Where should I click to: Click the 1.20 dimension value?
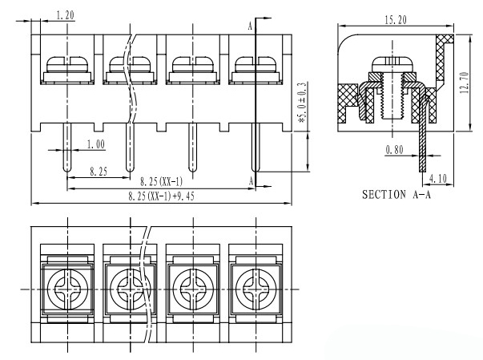pos(66,14)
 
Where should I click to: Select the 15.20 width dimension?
pos(396,20)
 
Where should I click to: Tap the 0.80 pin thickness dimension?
pos(395,150)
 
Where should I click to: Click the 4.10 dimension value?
pos(437,179)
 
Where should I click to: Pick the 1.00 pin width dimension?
pos(96,144)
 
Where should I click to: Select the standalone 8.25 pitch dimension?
pos(99,172)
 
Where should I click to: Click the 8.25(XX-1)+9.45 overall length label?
pos(162,196)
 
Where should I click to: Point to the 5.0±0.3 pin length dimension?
pos(301,103)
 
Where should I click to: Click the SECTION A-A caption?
pos(396,195)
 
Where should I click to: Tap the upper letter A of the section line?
pos(250,26)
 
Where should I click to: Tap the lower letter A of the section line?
pos(252,181)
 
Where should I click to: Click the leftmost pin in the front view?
pos(67,148)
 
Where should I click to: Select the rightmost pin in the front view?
pos(256,148)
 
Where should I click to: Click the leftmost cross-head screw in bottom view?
pos(67,289)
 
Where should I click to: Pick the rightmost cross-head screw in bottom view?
pos(256,289)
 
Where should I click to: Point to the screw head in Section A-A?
pos(392,64)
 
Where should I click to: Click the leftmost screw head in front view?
pos(67,64)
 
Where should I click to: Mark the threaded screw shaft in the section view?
pos(392,96)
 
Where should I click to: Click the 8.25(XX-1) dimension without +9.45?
pos(162,182)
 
